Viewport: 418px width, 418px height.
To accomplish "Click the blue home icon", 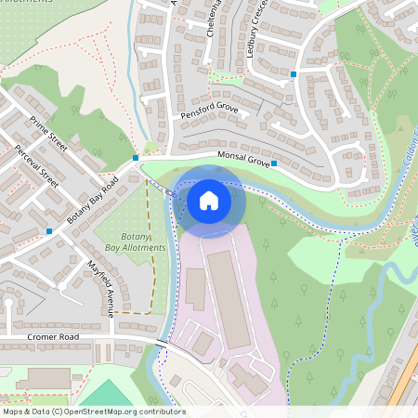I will [x=209, y=200].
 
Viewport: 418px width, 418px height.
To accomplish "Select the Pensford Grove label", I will [x=209, y=113].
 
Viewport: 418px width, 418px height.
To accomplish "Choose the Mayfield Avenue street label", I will [x=99, y=288].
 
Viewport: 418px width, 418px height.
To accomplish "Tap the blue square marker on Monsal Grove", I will [x=273, y=163].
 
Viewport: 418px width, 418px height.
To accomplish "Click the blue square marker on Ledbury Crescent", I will [x=294, y=73].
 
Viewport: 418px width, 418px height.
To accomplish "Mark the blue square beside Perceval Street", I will [x=48, y=230].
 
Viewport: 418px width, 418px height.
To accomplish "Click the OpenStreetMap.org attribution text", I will [x=139, y=411].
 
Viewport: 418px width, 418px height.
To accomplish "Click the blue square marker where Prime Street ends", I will [x=136, y=158].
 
